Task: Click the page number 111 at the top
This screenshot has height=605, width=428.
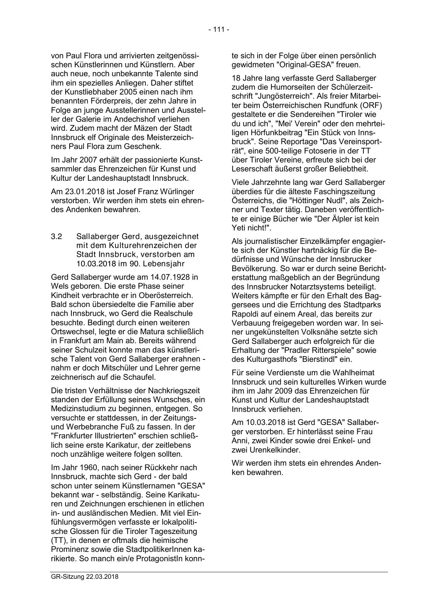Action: (x=219, y=30)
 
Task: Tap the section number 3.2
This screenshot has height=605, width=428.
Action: (x=56, y=237)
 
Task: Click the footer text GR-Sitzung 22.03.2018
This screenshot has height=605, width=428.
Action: (x=84, y=576)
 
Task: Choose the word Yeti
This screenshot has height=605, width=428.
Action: (x=239, y=228)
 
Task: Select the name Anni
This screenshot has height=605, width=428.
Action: (x=239, y=440)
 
